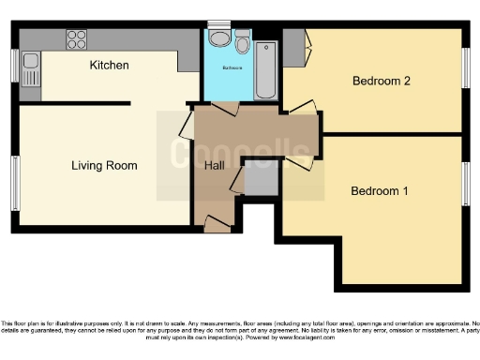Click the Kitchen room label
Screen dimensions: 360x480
(x=109, y=66)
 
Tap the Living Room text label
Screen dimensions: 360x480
(x=104, y=166)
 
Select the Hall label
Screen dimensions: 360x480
(x=214, y=166)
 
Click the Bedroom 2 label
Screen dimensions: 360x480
(x=382, y=81)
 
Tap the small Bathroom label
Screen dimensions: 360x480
(x=232, y=68)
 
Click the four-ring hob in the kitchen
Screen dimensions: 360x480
(x=76, y=39)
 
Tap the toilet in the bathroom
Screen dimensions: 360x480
(x=243, y=44)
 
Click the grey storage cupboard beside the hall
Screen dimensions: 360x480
(x=261, y=179)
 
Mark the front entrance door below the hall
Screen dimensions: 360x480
(x=217, y=223)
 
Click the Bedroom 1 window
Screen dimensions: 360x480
(x=466, y=183)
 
